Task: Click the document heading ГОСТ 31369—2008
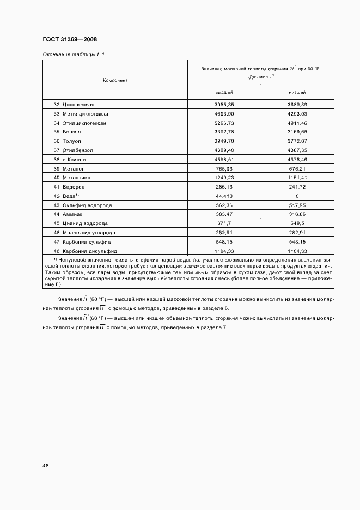click(69, 39)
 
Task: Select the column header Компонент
click(115, 80)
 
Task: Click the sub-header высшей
click(224, 93)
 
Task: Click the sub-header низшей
click(297, 93)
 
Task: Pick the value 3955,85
click(224, 104)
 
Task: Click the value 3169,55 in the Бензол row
click(297, 132)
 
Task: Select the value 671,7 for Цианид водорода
click(224, 223)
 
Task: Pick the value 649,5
click(297, 223)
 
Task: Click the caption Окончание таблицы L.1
click(69, 54)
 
